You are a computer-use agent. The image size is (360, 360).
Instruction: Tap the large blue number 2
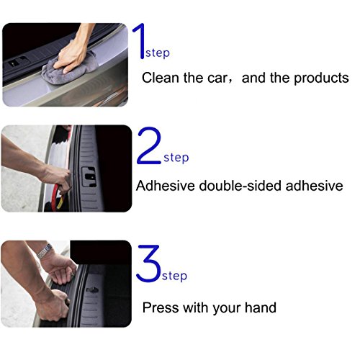[149, 145]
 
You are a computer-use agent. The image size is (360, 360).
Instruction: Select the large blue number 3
[148, 264]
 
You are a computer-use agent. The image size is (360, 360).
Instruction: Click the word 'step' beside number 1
[158, 53]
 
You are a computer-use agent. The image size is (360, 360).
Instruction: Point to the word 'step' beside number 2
[176, 158]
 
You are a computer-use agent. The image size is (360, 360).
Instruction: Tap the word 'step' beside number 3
[174, 276]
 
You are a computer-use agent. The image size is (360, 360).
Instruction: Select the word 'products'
[321, 78]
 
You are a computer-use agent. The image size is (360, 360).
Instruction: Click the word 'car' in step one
[217, 78]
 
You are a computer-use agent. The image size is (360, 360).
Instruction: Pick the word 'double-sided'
[240, 186]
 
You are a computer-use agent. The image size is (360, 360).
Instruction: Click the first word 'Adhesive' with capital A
[166, 186]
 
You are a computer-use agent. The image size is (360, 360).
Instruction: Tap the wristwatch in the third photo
[45, 251]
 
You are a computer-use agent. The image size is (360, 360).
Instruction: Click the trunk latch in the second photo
[89, 177]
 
